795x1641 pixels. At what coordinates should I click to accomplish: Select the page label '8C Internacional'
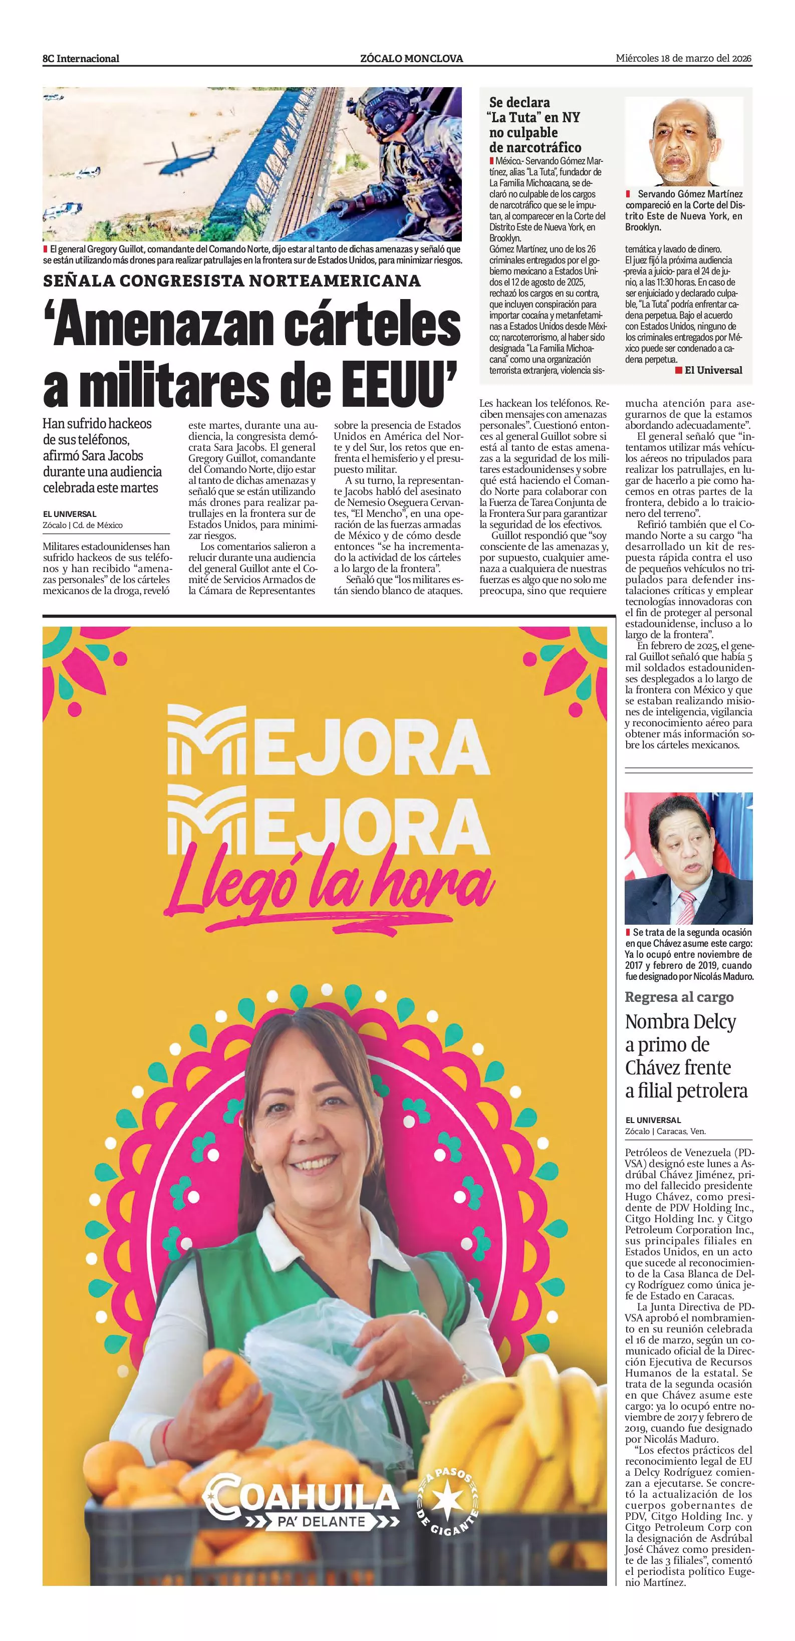pyautogui.click(x=81, y=59)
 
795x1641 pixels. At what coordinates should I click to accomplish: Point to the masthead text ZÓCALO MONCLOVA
pyautogui.click(x=411, y=59)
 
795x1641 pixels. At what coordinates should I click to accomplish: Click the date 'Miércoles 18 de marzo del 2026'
pyautogui.click(x=683, y=59)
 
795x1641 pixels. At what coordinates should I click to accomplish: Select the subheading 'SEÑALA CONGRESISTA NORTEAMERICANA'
pyautogui.click(x=232, y=281)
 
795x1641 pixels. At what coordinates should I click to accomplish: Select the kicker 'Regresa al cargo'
pyautogui.click(x=679, y=997)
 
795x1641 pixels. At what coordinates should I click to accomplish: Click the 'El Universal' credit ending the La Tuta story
pyautogui.click(x=713, y=370)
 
